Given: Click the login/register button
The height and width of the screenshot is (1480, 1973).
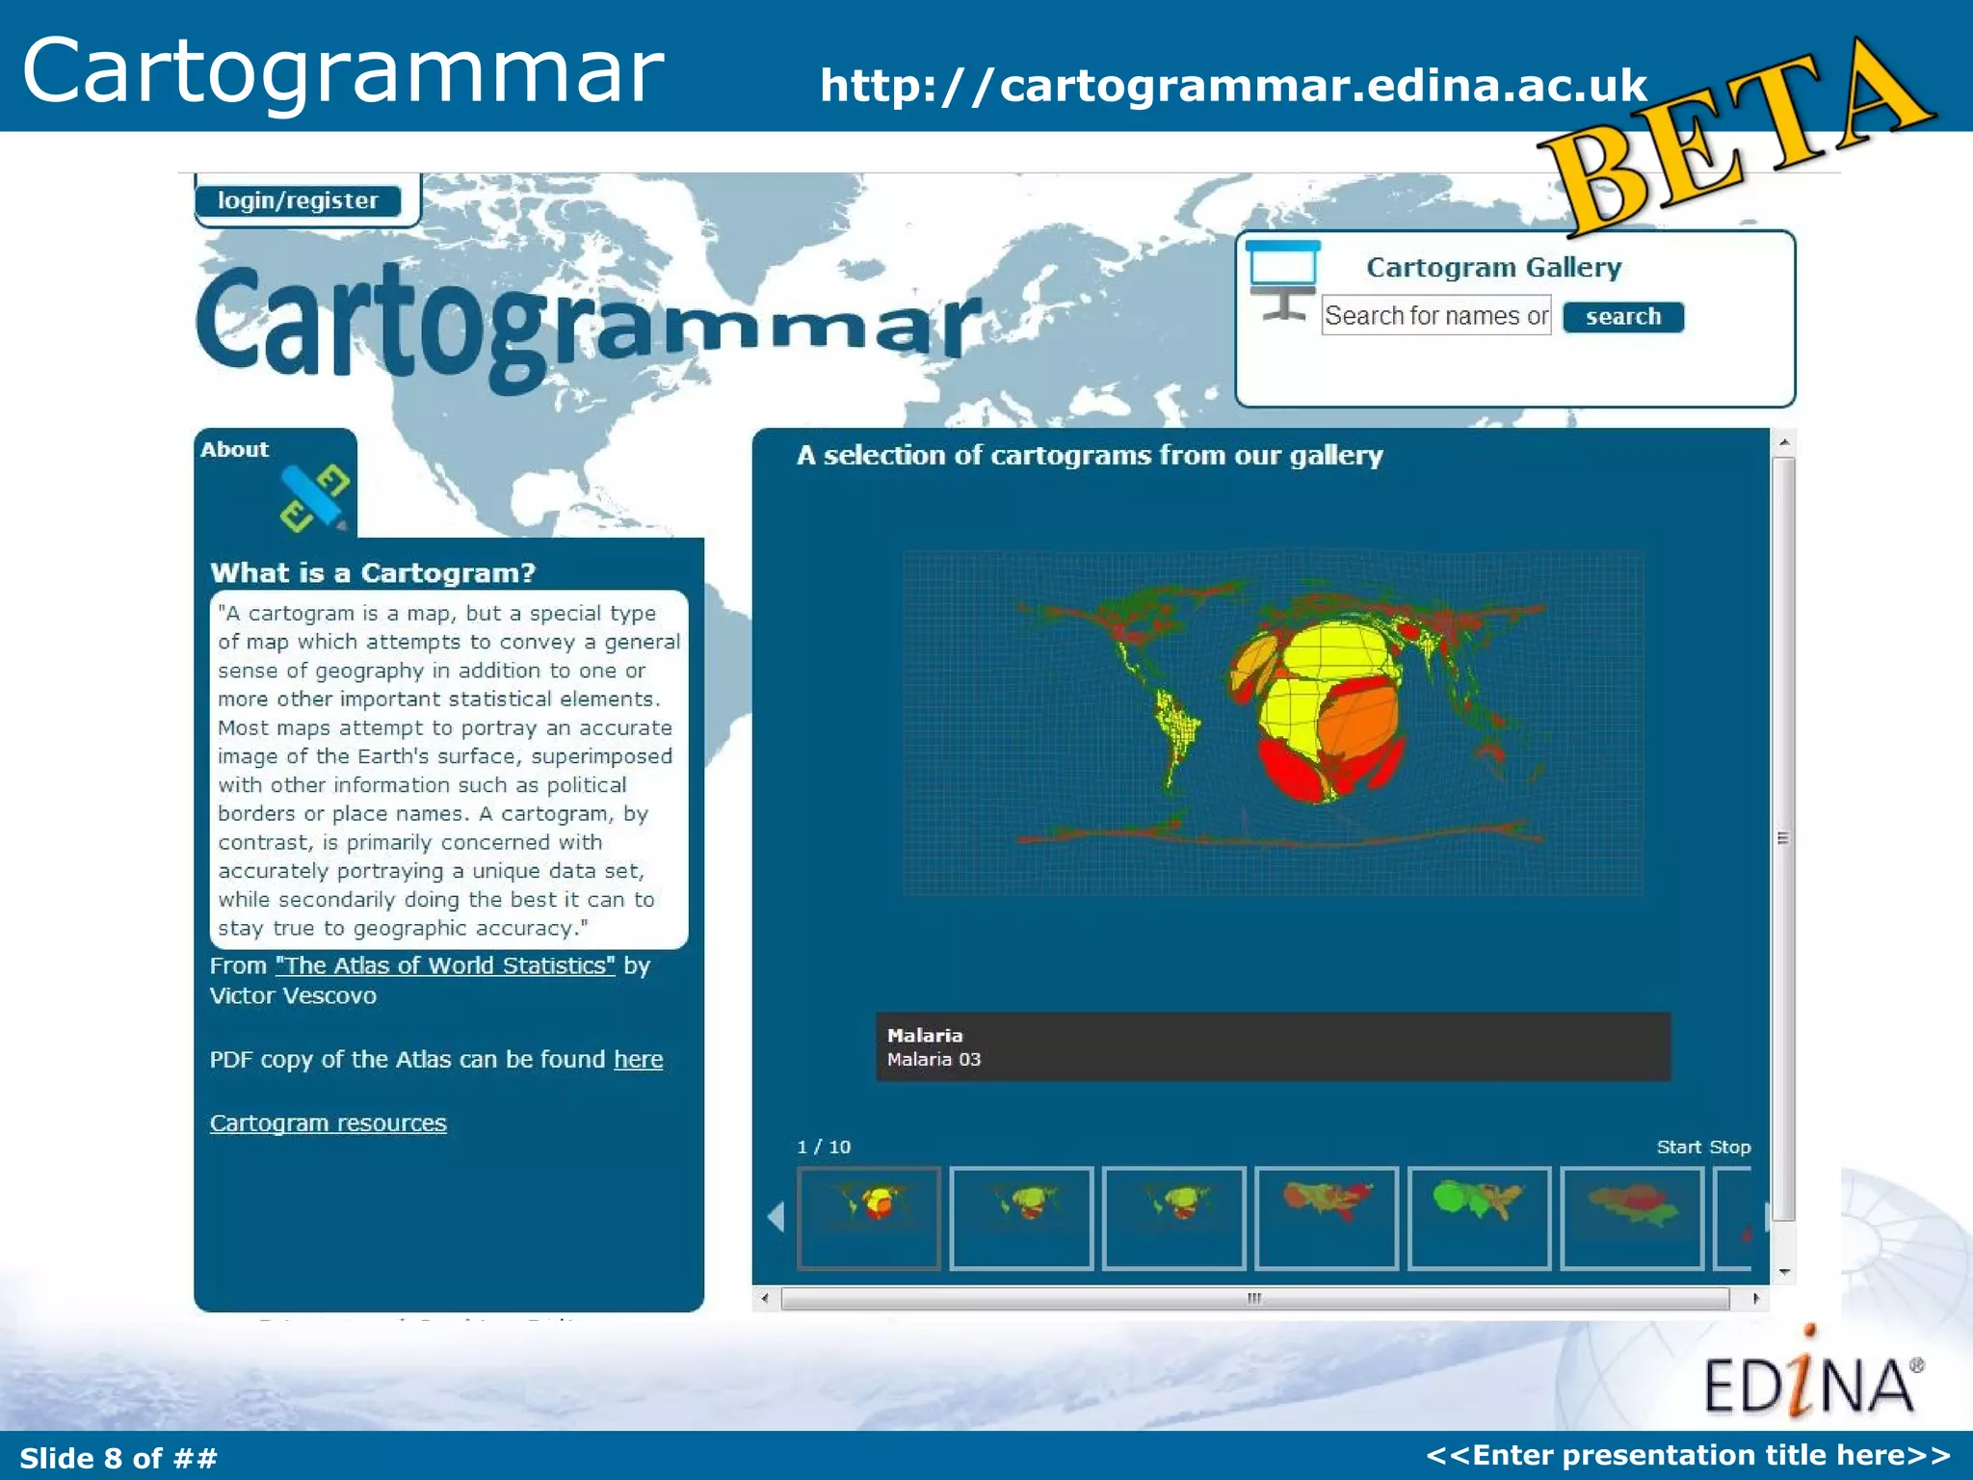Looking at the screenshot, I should (x=298, y=200).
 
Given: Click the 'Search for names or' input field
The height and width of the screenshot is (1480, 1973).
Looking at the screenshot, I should (x=1435, y=316).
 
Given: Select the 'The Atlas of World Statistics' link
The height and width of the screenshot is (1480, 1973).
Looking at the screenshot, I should (x=445, y=965).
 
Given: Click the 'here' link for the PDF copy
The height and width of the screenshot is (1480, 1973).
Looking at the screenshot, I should (x=638, y=1059).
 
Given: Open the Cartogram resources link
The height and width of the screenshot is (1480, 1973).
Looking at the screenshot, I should (x=329, y=1123).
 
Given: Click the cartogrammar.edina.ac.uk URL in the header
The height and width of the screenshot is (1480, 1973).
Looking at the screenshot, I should (x=1233, y=86).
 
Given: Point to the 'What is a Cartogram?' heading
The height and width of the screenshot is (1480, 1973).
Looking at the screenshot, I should (x=373, y=573).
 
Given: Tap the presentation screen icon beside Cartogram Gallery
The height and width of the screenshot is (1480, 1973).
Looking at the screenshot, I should (x=1282, y=279).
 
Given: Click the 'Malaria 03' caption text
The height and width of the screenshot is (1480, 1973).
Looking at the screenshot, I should (x=934, y=1060).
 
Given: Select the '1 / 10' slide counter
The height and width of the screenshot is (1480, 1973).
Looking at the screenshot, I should (x=824, y=1147).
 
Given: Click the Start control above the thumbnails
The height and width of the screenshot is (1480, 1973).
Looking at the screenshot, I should (x=1678, y=1147).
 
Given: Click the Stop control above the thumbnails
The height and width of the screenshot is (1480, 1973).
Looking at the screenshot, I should (x=1730, y=1147).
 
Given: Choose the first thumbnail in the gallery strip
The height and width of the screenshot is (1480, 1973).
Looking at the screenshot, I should (x=869, y=1218).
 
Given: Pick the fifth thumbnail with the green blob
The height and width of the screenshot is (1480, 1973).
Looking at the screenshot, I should (x=1479, y=1218).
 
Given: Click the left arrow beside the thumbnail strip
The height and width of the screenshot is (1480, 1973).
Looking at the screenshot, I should (x=776, y=1217).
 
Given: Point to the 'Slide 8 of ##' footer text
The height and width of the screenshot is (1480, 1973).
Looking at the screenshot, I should (x=118, y=1458).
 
